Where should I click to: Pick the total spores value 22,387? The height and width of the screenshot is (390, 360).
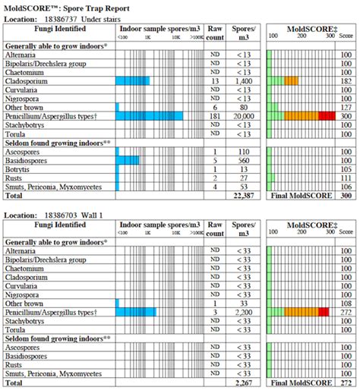pos(245,195)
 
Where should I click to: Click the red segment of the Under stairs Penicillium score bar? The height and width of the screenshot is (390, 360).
pos(327,115)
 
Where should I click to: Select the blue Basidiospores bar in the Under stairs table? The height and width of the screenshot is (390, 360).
pos(128,160)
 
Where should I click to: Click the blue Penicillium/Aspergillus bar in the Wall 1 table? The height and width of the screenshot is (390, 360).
pos(136,311)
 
